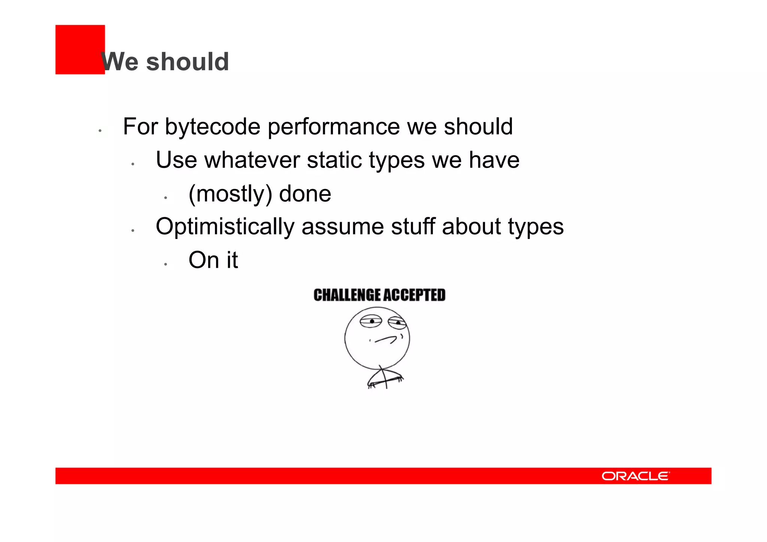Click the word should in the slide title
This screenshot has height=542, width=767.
[x=187, y=62]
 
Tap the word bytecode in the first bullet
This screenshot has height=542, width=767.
[x=212, y=127]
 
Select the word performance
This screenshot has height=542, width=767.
[x=334, y=127]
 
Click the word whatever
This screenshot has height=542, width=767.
[x=252, y=160]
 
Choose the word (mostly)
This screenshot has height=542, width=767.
[x=230, y=194]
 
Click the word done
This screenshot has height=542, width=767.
[x=305, y=194]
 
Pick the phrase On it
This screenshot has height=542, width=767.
[x=213, y=260]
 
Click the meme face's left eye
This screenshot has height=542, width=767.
[x=371, y=321]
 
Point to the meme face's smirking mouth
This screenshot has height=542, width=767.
[x=386, y=339]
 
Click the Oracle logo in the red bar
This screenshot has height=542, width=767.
[x=636, y=476]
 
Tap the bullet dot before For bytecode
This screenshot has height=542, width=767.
[x=100, y=131]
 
